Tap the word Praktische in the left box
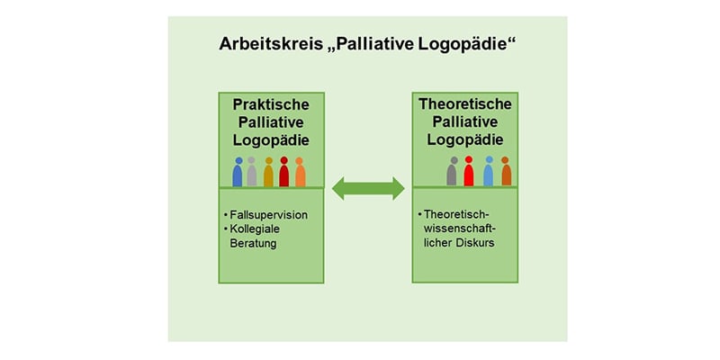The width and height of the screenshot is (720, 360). pos(271,104)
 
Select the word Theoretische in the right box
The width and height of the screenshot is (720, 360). pos(464,103)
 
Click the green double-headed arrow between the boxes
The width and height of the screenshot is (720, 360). pos(368,188)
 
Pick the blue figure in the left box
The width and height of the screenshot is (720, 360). pos(238,172)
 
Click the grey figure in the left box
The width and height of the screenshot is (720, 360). pos(252,172)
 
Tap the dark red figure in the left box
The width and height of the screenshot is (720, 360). pos(284,172)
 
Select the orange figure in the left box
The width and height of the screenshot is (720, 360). pos(300,172)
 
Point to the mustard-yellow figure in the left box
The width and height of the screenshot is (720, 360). pos(268,172)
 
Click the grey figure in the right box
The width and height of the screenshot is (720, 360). pos(452,171)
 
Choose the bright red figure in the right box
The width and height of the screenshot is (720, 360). pos(468,171)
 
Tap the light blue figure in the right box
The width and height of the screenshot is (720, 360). pos(488,171)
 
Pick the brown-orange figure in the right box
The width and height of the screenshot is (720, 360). pos(506,171)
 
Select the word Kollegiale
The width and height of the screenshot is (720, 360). pos(253,229)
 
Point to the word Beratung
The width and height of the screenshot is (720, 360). pos(254,243)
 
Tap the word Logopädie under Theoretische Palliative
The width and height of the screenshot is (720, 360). pos(465,139)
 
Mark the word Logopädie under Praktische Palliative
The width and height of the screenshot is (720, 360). pos(271,140)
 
